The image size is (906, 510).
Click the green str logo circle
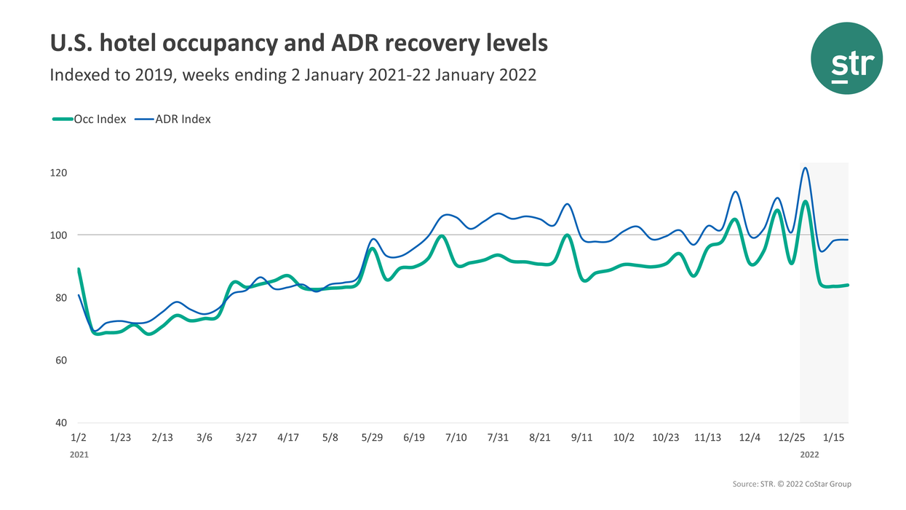click(847, 58)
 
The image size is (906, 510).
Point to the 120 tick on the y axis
click(59, 173)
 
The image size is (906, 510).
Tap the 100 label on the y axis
click(59, 235)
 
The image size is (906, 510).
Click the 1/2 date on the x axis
click(79, 438)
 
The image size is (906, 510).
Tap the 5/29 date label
click(372, 438)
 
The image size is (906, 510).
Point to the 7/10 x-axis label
click(456, 438)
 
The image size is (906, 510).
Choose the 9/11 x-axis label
click(582, 438)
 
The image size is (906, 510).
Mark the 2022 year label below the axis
click(811, 454)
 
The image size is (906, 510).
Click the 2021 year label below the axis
click(79, 454)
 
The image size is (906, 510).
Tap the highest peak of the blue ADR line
click(805, 168)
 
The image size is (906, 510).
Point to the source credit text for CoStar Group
click(792, 484)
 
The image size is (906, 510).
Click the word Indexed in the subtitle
click(80, 75)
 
